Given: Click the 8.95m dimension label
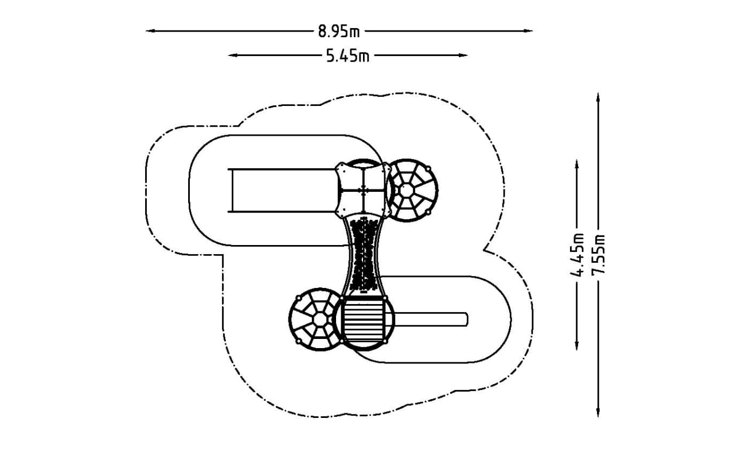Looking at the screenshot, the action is [339, 31].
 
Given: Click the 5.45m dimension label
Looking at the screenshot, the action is [348, 56].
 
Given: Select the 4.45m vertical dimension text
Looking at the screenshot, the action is [577, 255].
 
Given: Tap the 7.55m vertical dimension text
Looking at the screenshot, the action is [598, 255].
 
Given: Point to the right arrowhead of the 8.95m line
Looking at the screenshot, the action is [528, 31].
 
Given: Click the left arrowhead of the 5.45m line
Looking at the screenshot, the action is [233, 56].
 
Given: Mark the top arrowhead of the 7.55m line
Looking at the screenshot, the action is [598, 98].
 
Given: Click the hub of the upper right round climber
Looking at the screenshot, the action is [407, 191].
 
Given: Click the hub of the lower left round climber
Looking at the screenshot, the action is [320, 319].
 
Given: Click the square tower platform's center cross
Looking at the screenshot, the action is [363, 190].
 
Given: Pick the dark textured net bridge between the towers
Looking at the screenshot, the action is [363, 255].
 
